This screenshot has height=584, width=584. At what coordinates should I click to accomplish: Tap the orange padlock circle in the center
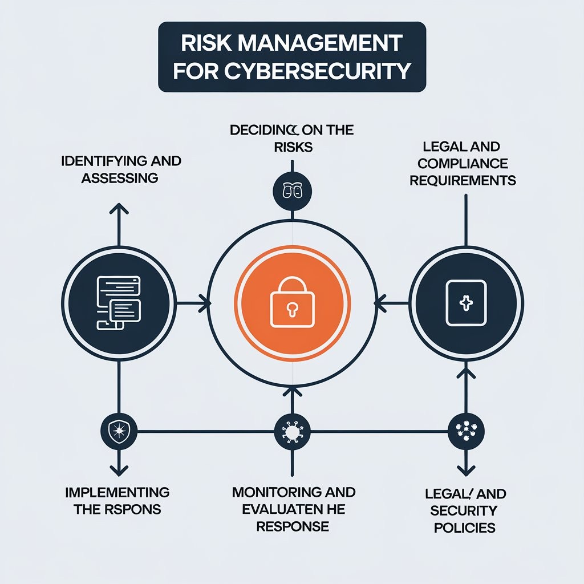[x=292, y=302]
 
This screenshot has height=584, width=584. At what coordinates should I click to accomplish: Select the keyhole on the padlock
[x=292, y=309]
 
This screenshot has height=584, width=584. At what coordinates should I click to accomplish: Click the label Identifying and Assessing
[x=120, y=169]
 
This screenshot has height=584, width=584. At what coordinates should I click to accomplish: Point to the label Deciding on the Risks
[x=292, y=138]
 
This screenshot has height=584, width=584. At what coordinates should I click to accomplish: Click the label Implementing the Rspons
[x=117, y=500]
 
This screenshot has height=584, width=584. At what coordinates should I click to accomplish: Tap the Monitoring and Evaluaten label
[x=293, y=508]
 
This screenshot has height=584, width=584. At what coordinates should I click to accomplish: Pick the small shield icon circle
[x=118, y=431]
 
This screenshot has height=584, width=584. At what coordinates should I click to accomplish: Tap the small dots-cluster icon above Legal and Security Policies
[x=466, y=431]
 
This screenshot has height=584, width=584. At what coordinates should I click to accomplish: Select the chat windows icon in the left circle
[x=118, y=302]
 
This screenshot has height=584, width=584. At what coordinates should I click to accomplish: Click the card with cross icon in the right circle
[x=466, y=303]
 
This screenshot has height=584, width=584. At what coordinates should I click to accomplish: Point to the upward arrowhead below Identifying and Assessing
[x=119, y=209]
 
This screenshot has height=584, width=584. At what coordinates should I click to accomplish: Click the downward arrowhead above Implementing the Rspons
[x=119, y=470]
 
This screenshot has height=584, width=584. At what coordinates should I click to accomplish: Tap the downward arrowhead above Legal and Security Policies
[x=466, y=470]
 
